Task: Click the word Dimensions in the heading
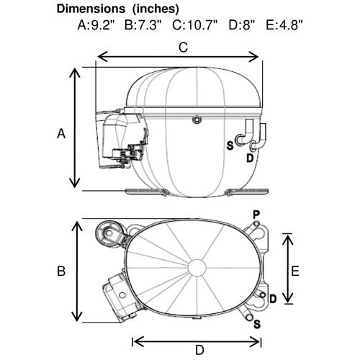[91, 9]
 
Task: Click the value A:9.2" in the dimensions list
[96, 24]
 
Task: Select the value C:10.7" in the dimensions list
[195, 24]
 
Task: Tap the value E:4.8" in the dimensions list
[284, 24]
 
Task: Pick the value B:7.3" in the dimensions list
[143, 24]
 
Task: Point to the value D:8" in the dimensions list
[241, 24]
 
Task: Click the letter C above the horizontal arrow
[183, 48]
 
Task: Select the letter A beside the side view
[61, 133]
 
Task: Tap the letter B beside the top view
[61, 271]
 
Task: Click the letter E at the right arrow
[295, 271]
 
